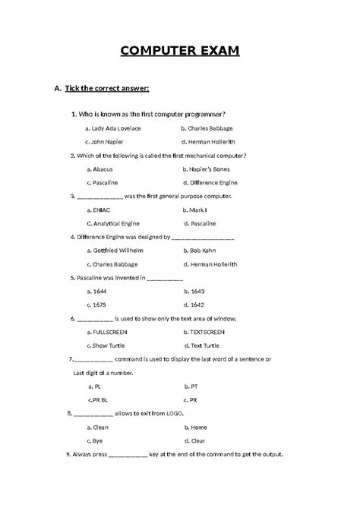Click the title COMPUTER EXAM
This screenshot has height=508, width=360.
pyautogui.click(x=180, y=52)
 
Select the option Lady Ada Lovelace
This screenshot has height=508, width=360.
pyautogui.click(x=115, y=128)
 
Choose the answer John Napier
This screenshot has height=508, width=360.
pyautogui.click(x=109, y=142)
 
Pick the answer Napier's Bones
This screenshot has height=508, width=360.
pyautogui.click(x=209, y=169)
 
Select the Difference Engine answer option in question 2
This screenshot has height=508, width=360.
pyautogui.click(x=213, y=183)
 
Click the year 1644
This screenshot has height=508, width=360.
pyautogui.click(x=99, y=292)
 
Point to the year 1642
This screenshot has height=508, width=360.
pyautogui.click(x=195, y=305)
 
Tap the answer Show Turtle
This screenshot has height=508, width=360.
pyautogui.click(x=109, y=346)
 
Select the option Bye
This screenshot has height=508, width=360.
pyautogui.click(x=98, y=440)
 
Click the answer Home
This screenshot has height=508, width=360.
pyautogui.click(x=198, y=427)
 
